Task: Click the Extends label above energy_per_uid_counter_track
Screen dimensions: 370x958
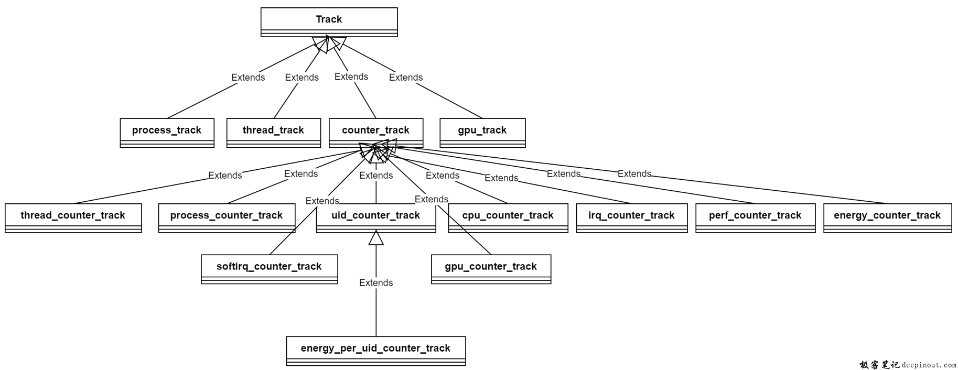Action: [376, 283]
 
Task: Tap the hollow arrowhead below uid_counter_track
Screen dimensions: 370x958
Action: [376, 238]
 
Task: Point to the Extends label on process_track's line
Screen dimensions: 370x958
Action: [248, 78]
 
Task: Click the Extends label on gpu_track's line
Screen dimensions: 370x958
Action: [406, 78]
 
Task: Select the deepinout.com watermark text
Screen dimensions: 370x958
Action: [929, 365]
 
